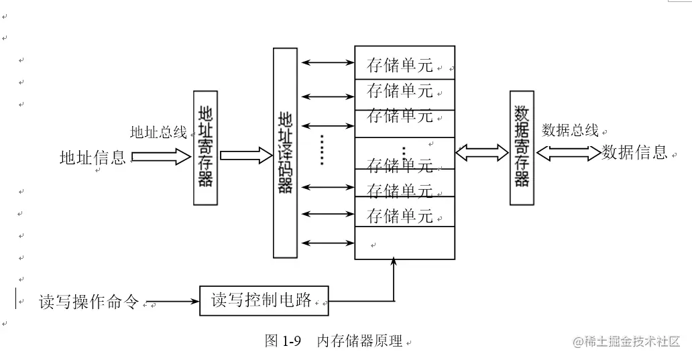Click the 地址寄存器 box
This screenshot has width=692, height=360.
tap(205, 147)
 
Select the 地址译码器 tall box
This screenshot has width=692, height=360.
tap(285, 153)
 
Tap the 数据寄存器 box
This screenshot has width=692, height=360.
tap(522, 147)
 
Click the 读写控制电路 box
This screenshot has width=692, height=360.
tap(264, 300)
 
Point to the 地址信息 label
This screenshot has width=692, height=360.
tap(93, 158)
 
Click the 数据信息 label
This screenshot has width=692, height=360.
tap(634, 152)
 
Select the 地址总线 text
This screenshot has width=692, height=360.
tap(158, 132)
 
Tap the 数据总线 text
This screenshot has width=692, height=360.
tap(570, 130)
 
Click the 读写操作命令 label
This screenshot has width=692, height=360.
tap(89, 302)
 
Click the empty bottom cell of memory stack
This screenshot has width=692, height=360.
tap(404, 243)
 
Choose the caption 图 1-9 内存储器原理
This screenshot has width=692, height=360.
tap(334, 341)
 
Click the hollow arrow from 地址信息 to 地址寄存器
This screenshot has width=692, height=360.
tap(162, 157)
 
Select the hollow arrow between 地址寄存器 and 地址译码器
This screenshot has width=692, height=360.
tap(242, 156)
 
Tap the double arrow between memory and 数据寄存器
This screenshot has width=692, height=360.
tap(481, 153)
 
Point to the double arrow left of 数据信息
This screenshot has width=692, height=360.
tap(568, 153)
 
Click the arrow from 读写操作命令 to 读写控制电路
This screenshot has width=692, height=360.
tap(173, 301)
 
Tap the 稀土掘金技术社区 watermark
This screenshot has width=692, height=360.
tap(626, 341)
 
